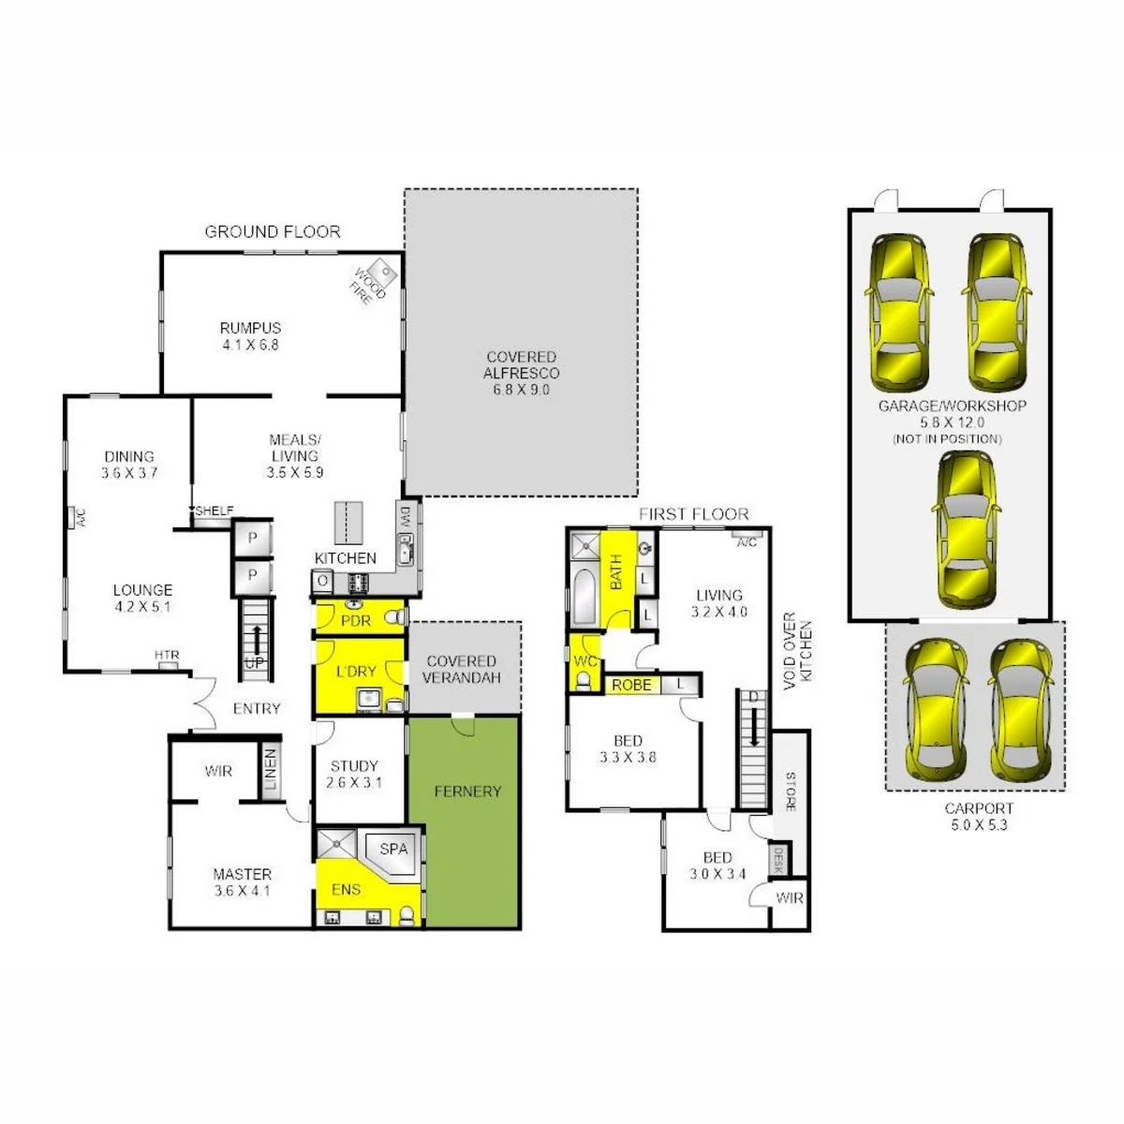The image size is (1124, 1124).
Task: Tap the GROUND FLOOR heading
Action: pos(273,232)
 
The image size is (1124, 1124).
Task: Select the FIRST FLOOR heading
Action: pos(693,514)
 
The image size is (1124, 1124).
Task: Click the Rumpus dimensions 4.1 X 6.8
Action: pos(250,345)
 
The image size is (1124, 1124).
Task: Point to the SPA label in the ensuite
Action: pos(393,849)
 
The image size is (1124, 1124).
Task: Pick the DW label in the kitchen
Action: pos(406,517)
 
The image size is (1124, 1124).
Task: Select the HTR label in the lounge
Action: pos(167,655)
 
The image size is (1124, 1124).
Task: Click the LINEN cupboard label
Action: pos(270,769)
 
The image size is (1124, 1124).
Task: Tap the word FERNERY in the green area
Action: pos(467,791)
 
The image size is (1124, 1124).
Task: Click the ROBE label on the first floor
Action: pos(631,685)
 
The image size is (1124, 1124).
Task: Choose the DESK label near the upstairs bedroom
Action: pos(777,859)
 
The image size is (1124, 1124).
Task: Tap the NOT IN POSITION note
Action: pos(947,438)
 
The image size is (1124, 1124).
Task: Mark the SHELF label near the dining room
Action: pos(214,510)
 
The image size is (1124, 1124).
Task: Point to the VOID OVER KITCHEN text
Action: pos(797,650)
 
